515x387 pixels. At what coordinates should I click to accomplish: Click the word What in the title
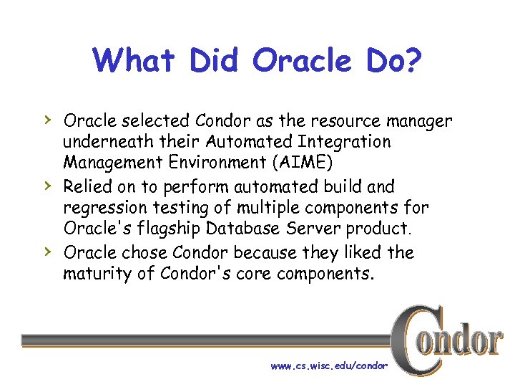(135, 61)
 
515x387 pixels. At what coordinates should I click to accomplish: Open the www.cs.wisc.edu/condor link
(329, 365)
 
